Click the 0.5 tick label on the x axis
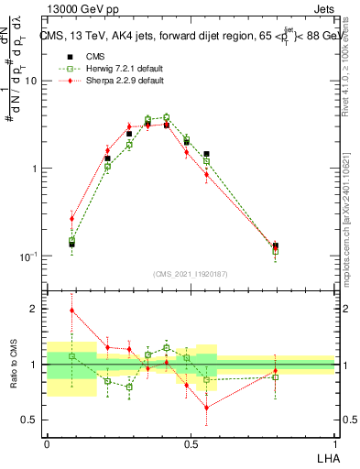click(x=191, y=443)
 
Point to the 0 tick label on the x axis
click(x=47, y=443)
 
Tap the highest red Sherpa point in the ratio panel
click(x=72, y=311)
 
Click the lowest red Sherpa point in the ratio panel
click(x=207, y=408)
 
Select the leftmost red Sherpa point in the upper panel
click(x=72, y=218)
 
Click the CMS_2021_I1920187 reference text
click(x=191, y=273)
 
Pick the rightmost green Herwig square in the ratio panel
click(x=276, y=376)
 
